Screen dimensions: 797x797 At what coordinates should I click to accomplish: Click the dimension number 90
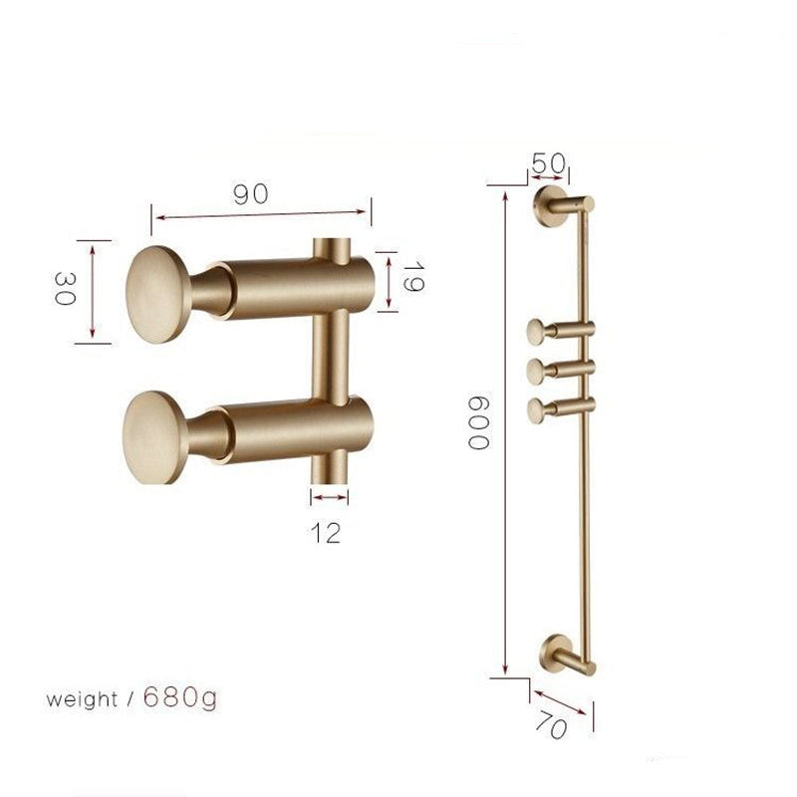[x=251, y=194]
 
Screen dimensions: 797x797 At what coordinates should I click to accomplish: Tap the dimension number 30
[x=65, y=288]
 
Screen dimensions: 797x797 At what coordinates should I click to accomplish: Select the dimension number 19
[x=413, y=277]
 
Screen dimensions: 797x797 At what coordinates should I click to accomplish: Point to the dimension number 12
[x=326, y=533]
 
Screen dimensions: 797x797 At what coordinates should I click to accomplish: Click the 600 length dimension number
[x=478, y=422]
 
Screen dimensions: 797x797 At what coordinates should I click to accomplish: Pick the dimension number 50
[x=549, y=163]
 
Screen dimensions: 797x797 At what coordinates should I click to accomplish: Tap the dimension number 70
[x=551, y=724]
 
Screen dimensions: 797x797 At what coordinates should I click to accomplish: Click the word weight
[x=82, y=700]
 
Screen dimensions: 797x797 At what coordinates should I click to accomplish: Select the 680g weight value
[x=180, y=697]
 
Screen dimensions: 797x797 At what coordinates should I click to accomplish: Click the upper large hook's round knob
[x=158, y=294]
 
